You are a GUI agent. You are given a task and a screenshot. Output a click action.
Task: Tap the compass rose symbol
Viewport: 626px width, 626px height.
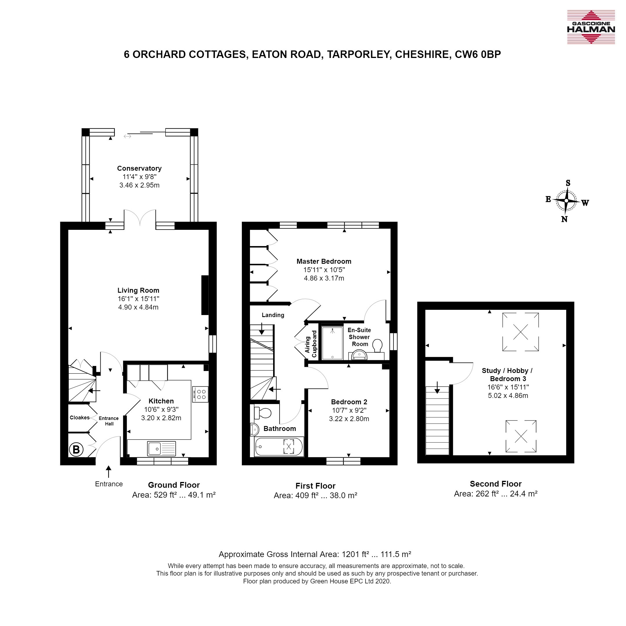pos(566,201)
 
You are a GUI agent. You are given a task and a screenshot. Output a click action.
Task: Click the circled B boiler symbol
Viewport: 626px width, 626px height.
pos(76,450)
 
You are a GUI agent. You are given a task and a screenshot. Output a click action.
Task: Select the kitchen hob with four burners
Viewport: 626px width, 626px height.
pos(200,394)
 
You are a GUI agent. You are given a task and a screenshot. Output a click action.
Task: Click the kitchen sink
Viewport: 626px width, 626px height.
pos(162,449)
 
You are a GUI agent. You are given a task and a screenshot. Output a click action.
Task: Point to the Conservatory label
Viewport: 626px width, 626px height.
pos(139,168)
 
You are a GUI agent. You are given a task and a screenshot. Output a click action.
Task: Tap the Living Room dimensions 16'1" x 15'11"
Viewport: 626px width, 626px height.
pos(138,299)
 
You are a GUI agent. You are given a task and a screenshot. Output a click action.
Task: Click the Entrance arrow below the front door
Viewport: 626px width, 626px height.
pos(109,472)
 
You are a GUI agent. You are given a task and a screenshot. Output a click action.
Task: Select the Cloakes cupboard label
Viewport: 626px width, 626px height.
pos(79,418)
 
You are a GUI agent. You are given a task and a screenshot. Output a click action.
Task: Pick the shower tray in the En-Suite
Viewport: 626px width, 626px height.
pos(332,343)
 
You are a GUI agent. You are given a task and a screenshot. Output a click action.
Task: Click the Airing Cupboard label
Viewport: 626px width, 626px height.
pos(311,344)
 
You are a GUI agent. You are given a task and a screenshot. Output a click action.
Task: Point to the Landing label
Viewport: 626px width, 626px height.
pos(273,315)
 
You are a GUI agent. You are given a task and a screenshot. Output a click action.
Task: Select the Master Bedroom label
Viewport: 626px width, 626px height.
pos(324,261)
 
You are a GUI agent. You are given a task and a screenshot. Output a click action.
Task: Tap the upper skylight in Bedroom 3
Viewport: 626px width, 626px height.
pos(520,332)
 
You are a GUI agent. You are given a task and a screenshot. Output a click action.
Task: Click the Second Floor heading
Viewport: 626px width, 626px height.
pos(496,484)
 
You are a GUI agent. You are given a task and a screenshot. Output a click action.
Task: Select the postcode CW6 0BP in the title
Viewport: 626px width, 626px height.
pos(478,54)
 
